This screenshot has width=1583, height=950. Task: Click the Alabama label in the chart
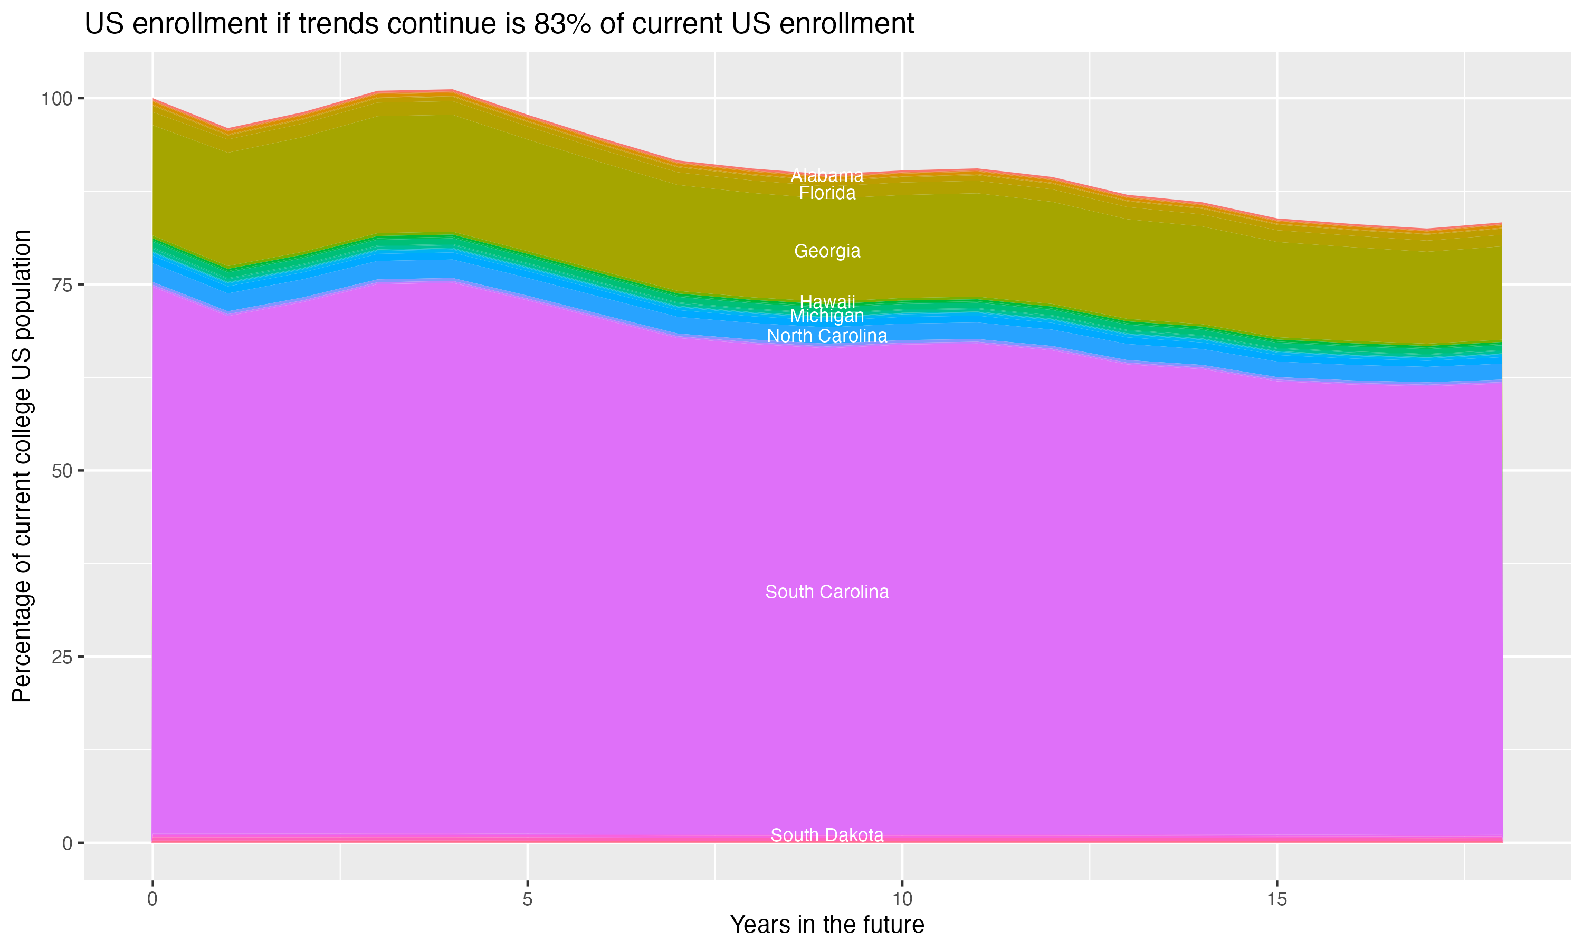(x=827, y=175)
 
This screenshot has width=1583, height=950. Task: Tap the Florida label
(x=827, y=193)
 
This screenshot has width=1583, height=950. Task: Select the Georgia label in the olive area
(x=827, y=251)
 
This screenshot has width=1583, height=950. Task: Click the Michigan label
(x=827, y=316)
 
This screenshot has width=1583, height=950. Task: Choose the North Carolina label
(x=827, y=336)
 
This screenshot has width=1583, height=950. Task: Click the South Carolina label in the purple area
(x=827, y=592)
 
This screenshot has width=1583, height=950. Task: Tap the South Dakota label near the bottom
(x=827, y=835)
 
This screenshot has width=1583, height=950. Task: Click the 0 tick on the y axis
(x=67, y=843)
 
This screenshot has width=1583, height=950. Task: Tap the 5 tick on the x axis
(x=527, y=899)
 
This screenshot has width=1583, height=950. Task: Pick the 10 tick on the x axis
(x=902, y=899)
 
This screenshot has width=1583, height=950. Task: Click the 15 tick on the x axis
(x=1277, y=899)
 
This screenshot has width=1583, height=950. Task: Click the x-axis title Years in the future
(x=827, y=925)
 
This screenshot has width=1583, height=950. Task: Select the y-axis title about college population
(x=22, y=466)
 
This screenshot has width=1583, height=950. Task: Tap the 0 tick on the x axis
(x=152, y=899)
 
